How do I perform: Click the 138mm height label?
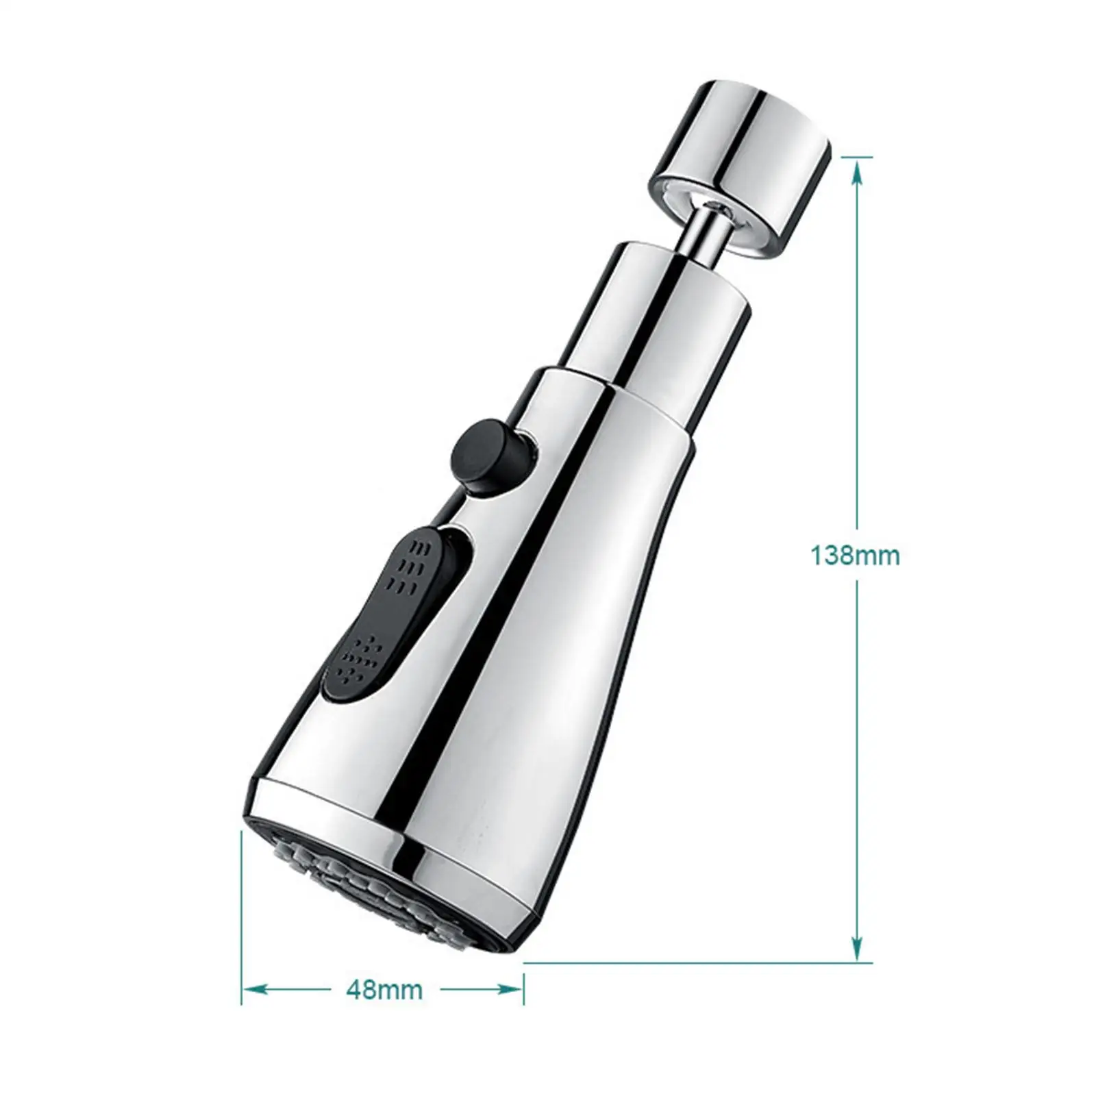tap(855, 556)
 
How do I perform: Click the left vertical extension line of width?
tap(242, 918)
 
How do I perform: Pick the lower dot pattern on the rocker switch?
tap(360, 658)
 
